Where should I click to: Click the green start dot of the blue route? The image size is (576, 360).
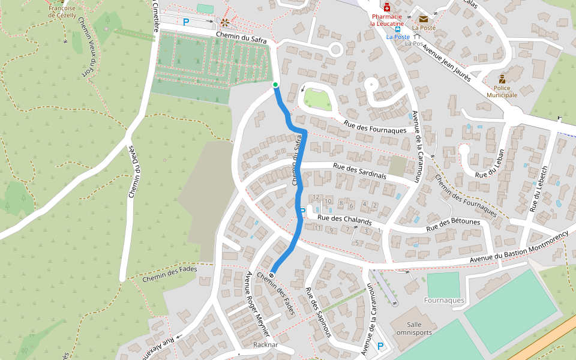point(275,85)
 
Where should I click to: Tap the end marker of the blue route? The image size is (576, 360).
point(272,275)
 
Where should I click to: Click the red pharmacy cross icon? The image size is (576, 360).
point(388,7)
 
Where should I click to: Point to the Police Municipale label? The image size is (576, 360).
point(502,91)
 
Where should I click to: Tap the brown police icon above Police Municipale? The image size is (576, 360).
point(502,79)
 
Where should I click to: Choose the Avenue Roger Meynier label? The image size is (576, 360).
point(259,304)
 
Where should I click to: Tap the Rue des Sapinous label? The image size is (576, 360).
point(318,313)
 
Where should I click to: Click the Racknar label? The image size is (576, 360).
point(266,345)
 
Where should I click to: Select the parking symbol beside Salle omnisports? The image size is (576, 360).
point(380,346)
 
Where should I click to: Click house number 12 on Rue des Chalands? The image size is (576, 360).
point(316,197)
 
